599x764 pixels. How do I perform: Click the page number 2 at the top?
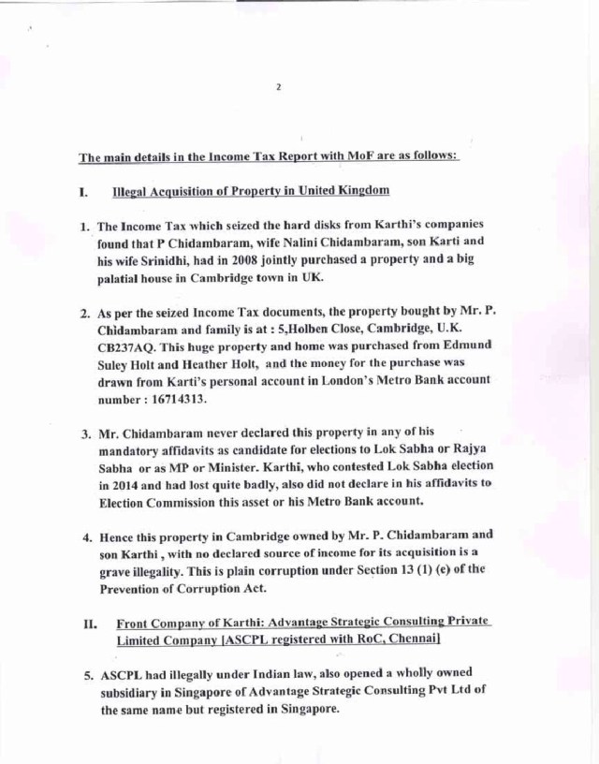pos(279,88)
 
